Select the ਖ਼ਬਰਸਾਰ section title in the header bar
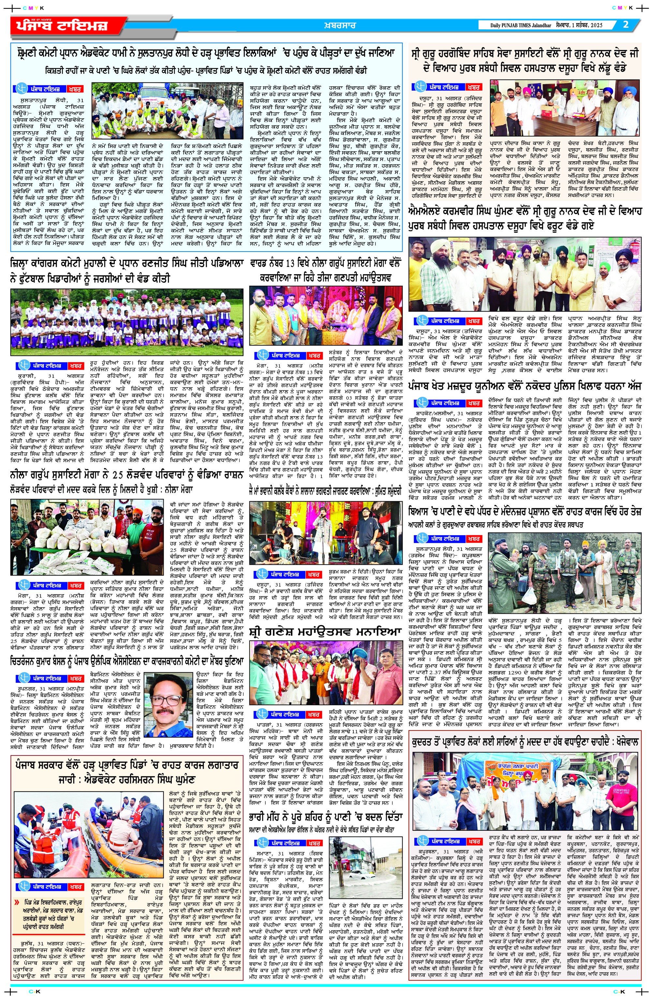340,25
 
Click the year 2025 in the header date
596,25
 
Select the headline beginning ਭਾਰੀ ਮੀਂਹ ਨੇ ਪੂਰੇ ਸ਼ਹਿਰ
326,817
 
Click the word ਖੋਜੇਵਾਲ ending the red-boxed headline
626,741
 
